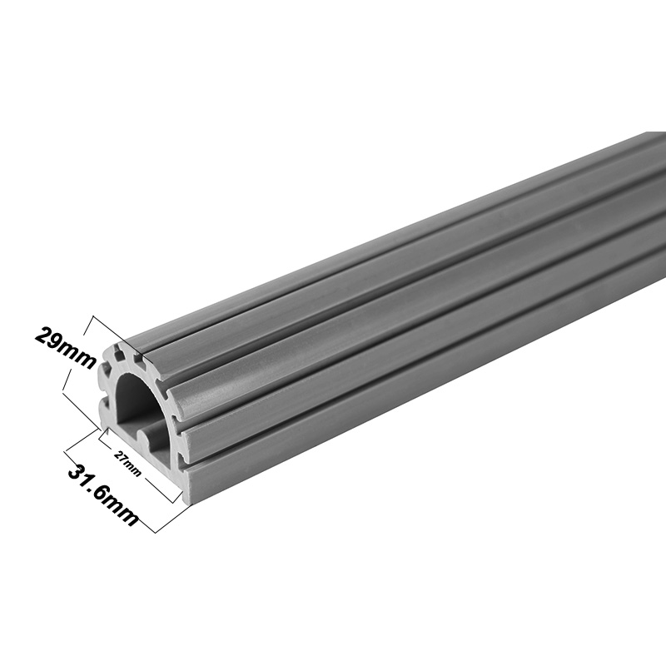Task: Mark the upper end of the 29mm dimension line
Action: (x=97, y=317)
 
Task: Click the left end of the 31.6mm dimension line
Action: (x=65, y=450)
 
